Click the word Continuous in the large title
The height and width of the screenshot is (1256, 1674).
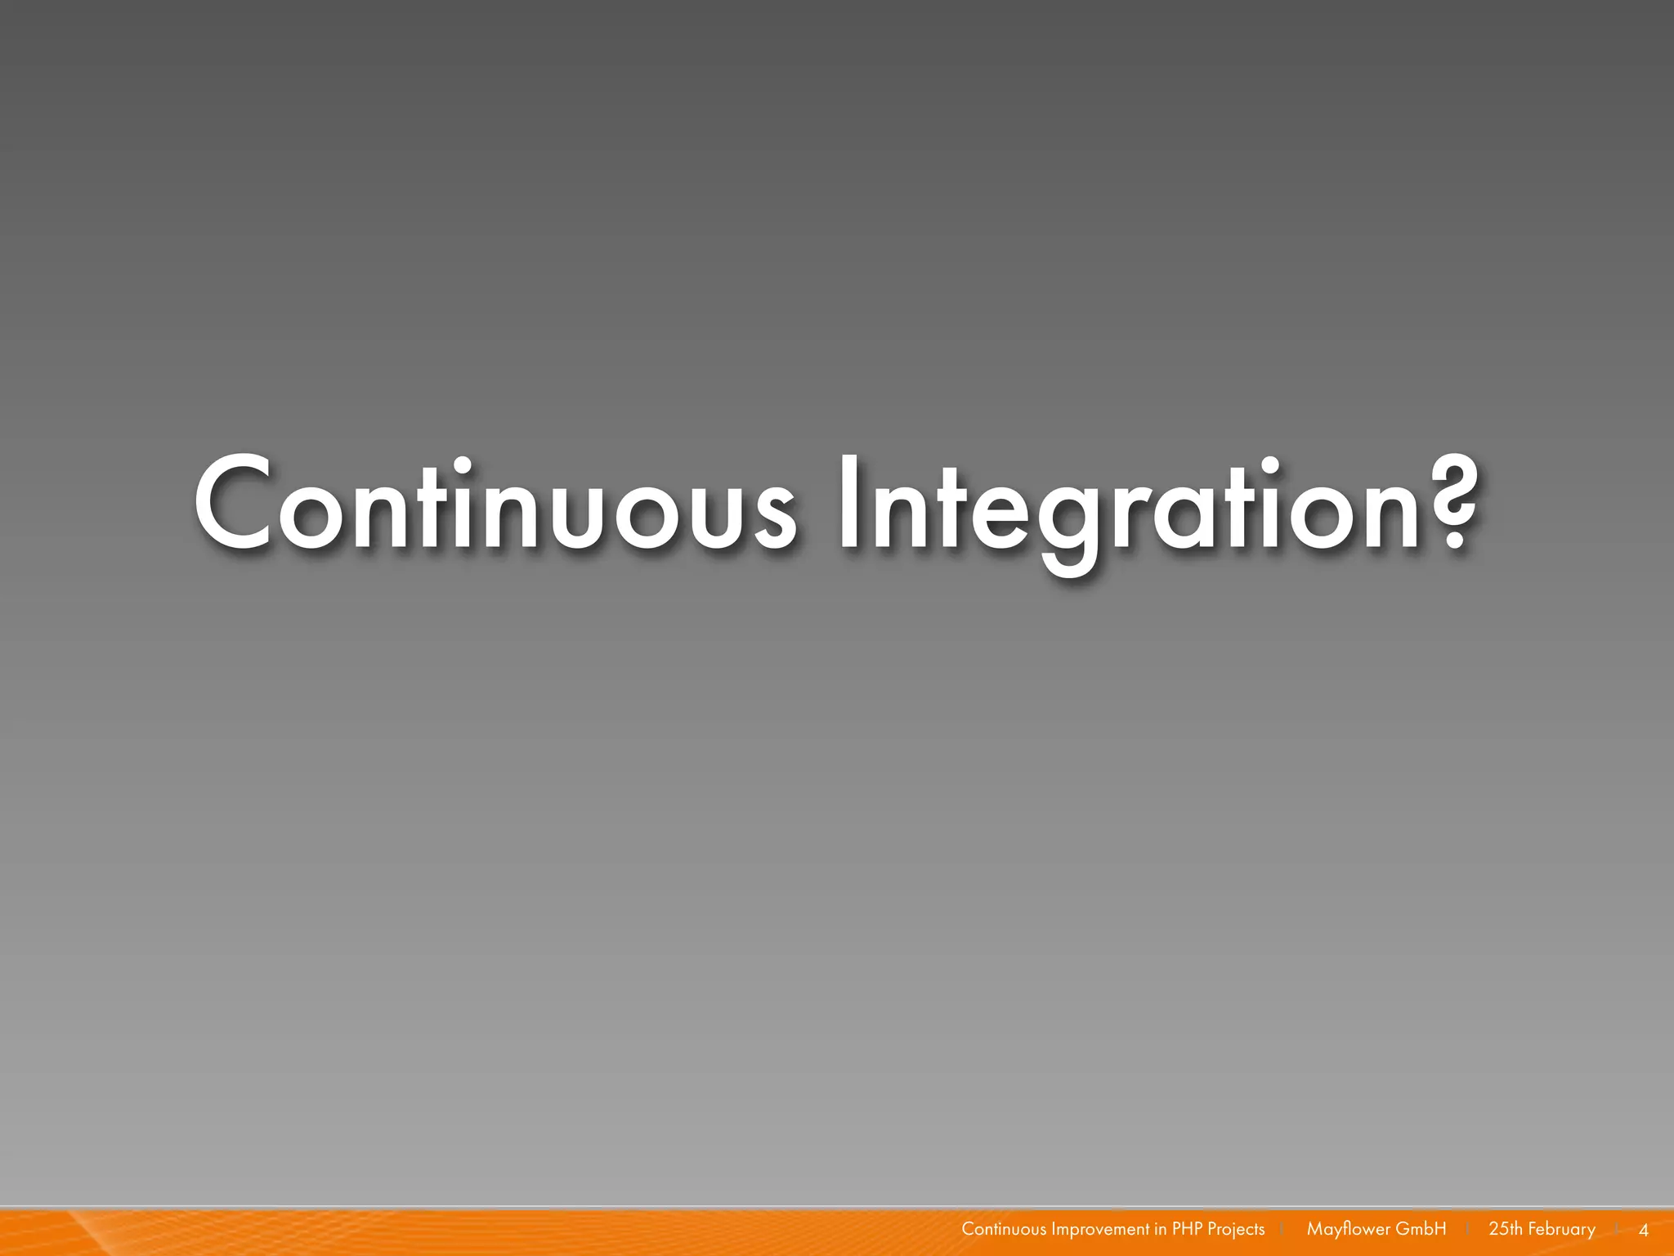pyautogui.click(x=494, y=505)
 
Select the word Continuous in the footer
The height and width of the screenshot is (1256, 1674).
pyautogui.click(x=1003, y=1229)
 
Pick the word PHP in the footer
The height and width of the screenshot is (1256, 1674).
pyautogui.click(x=1187, y=1229)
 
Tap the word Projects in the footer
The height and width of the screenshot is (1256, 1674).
pyautogui.click(x=1236, y=1229)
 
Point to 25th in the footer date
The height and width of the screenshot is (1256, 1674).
pyautogui.click(x=1505, y=1229)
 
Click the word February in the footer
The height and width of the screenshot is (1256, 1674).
pyautogui.click(x=1561, y=1229)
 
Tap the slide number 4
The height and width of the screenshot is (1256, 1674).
pyautogui.click(x=1644, y=1230)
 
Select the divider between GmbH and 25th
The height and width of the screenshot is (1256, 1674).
pyautogui.click(x=1468, y=1229)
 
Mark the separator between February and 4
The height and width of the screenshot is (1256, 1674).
pyautogui.click(x=1618, y=1229)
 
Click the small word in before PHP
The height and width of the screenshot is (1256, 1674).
pyautogui.click(x=1161, y=1229)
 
